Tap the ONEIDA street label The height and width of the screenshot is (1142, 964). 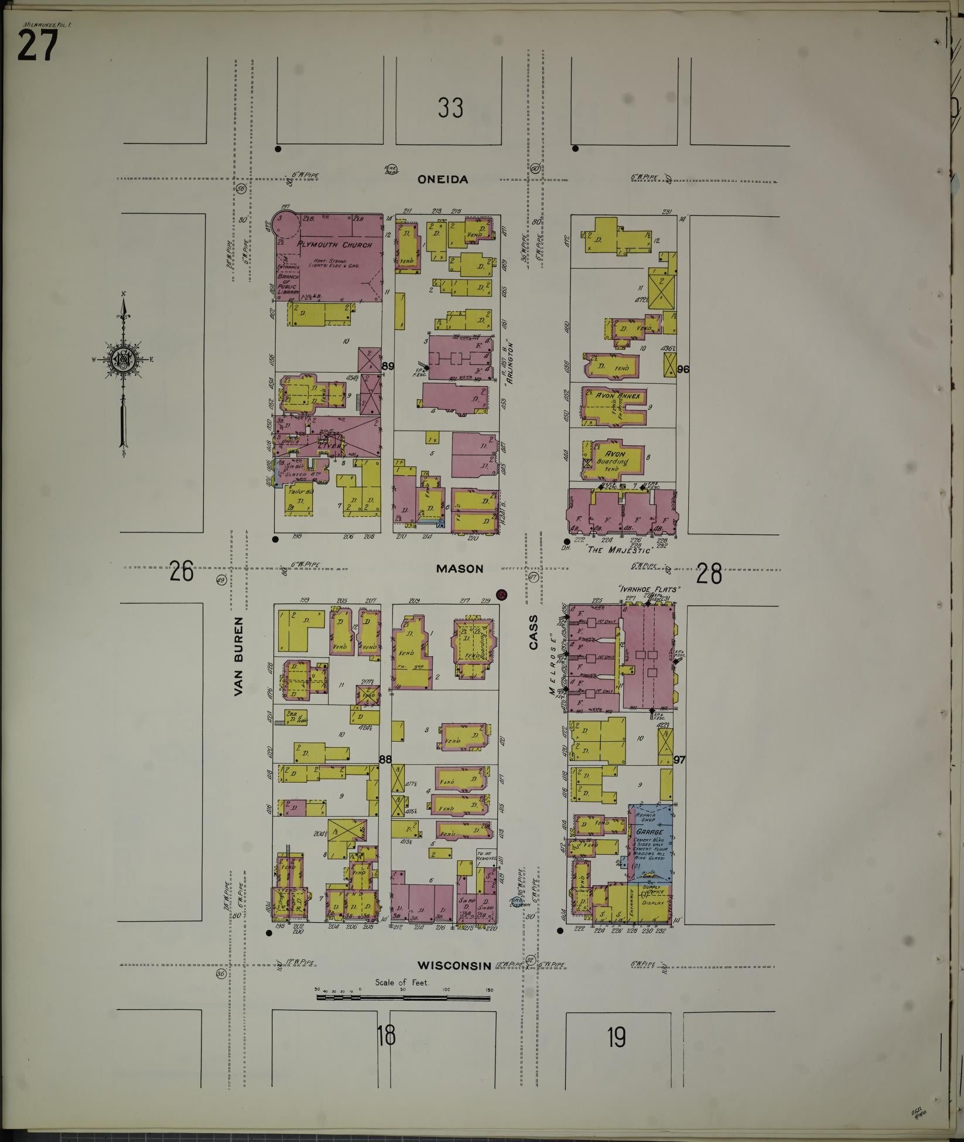(x=443, y=180)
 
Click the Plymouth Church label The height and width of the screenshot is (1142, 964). (x=334, y=244)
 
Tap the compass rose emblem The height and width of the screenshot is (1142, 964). (x=124, y=360)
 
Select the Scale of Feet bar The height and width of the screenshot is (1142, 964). (x=405, y=996)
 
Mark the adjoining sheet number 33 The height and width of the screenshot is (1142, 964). (x=450, y=108)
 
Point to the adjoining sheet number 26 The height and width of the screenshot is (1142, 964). (x=182, y=571)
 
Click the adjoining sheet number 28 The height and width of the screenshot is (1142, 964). (x=709, y=574)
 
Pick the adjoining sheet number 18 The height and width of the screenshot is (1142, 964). (x=386, y=1037)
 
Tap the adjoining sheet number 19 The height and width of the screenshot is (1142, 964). (x=616, y=1038)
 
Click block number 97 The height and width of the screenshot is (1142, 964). (x=679, y=760)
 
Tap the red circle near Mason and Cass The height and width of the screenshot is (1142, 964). (x=501, y=595)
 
